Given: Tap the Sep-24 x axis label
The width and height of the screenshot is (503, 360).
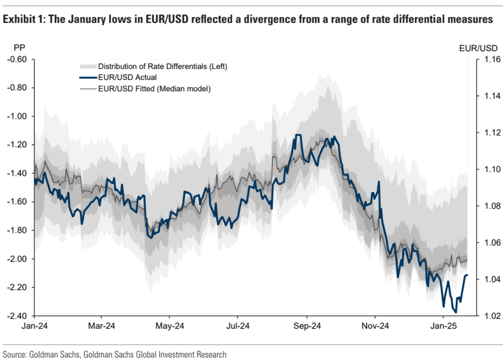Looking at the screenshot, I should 306,325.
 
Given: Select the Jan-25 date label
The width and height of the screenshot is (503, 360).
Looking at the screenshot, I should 443,325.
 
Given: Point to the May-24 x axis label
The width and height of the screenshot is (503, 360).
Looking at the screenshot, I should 169,325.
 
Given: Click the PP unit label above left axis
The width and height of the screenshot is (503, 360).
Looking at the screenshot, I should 14,47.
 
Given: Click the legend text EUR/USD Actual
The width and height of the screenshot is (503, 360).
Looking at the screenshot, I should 121,77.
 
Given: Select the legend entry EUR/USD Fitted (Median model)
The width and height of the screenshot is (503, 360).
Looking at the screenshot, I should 154,89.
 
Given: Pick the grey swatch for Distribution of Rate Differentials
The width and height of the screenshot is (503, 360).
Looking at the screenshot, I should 87,67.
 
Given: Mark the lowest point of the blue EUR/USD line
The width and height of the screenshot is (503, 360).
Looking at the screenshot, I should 455,312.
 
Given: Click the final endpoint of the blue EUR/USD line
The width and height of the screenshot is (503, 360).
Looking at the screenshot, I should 467,275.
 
